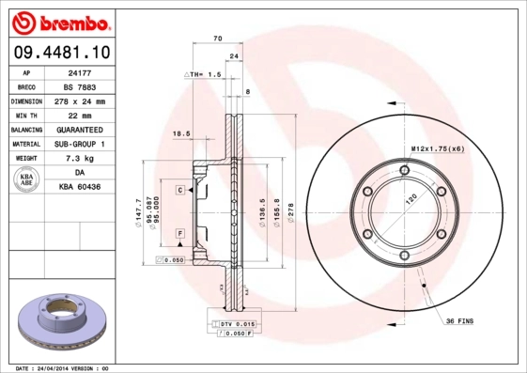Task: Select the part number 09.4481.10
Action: pyautogui.click(x=61, y=54)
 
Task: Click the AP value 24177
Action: pyautogui.click(x=79, y=72)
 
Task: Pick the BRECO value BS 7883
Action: pyautogui.click(x=79, y=86)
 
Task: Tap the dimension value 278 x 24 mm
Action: pyautogui.click(x=79, y=101)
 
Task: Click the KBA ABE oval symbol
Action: pyautogui.click(x=26, y=179)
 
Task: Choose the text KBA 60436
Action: pyautogui.click(x=79, y=187)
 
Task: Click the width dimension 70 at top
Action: pyautogui.click(x=217, y=39)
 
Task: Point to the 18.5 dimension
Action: pyautogui.click(x=182, y=134)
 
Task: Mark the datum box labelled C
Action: pyautogui.click(x=178, y=189)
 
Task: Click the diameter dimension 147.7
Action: pyautogui.click(x=139, y=215)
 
